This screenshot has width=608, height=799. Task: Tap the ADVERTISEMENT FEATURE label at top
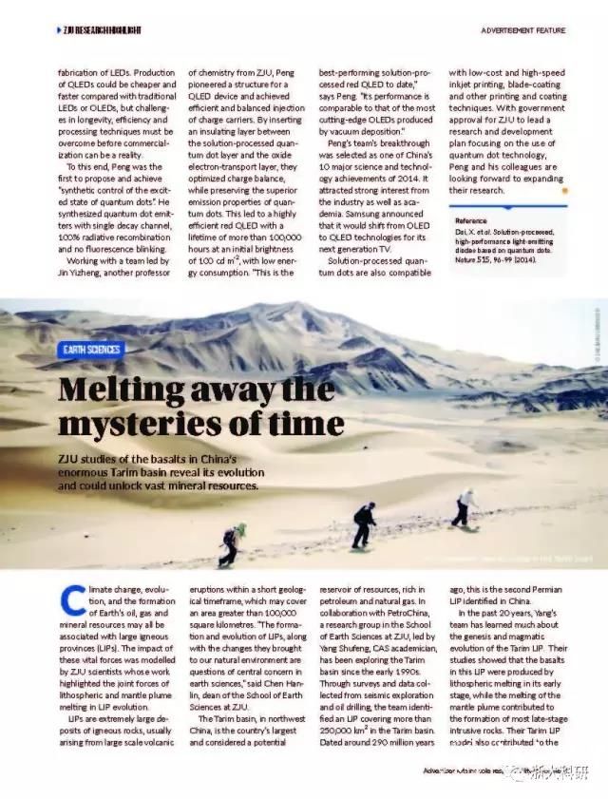(522, 31)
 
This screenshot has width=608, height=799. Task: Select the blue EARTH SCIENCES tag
(91, 350)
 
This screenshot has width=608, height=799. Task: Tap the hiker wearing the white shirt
(465, 506)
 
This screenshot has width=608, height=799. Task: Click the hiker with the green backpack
(231, 544)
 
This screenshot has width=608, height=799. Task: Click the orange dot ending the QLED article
(564, 190)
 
